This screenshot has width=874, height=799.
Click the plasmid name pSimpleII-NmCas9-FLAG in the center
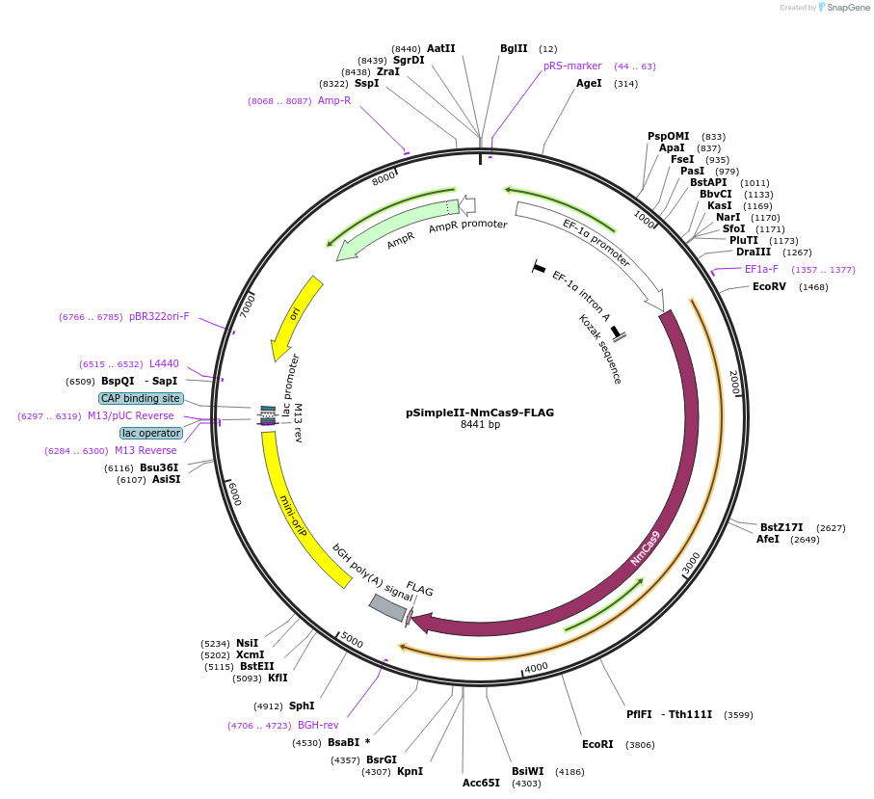pyautogui.click(x=480, y=413)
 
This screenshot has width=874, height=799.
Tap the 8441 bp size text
pyautogui.click(x=480, y=425)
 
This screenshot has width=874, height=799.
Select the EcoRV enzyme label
pyautogui.click(x=769, y=286)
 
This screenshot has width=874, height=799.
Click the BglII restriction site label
pyautogui.click(x=514, y=48)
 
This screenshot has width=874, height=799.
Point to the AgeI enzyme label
pyautogui.click(x=589, y=83)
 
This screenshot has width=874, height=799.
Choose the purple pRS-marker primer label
pyautogui.click(x=572, y=66)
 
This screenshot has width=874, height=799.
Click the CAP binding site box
pyautogui.click(x=141, y=398)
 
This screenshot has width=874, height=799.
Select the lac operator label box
pyautogui.click(x=151, y=433)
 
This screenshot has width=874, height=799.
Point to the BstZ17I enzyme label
pyautogui.click(x=781, y=527)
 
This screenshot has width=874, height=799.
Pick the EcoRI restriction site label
pyautogui.click(x=597, y=744)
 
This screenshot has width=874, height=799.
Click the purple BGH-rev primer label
pyautogui.click(x=318, y=725)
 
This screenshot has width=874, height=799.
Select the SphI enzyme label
pyautogui.click(x=302, y=706)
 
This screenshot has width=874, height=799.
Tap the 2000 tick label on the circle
pyautogui.click(x=734, y=383)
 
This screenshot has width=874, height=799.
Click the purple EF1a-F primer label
pyautogui.click(x=761, y=269)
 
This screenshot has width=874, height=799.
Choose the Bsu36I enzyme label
pyautogui.click(x=159, y=467)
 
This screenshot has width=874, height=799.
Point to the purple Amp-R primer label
pyautogui.click(x=334, y=100)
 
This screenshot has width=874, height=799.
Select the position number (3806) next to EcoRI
pyautogui.click(x=640, y=744)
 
